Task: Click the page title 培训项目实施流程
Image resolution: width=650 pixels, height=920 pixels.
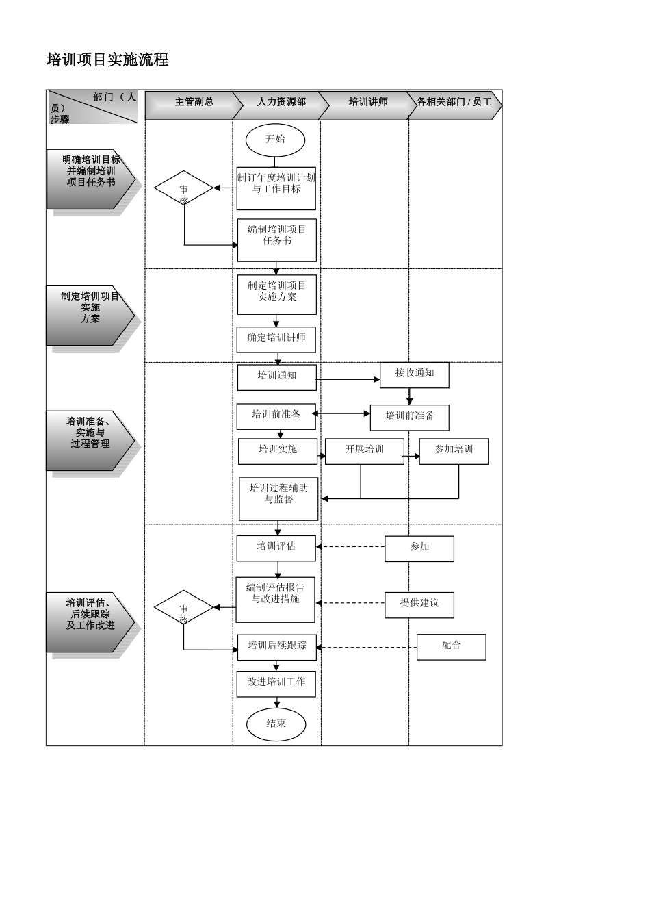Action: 107,60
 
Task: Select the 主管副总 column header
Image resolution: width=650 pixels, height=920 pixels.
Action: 194,103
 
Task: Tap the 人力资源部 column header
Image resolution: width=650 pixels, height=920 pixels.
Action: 281,103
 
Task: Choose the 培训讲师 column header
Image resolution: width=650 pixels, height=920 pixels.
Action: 368,103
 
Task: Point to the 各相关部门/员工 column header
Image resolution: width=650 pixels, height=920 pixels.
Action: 454,103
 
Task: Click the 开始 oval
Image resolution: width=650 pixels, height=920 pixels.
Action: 275,140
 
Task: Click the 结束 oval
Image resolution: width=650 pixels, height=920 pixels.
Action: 276,724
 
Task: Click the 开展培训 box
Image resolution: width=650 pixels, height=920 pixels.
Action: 365,451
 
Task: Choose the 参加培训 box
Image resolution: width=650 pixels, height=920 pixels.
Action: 454,451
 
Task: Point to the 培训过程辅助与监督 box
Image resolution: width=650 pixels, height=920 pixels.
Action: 278,498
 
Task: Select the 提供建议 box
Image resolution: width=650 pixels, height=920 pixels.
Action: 419,604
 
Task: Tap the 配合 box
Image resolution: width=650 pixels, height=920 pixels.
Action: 451,647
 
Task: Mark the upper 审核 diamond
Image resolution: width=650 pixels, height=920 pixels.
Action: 183,188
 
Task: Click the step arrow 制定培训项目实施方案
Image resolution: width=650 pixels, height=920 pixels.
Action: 90,315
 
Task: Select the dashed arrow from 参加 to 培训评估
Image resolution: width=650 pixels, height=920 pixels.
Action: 350,547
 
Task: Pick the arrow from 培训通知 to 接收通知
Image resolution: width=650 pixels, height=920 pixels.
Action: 348,379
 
